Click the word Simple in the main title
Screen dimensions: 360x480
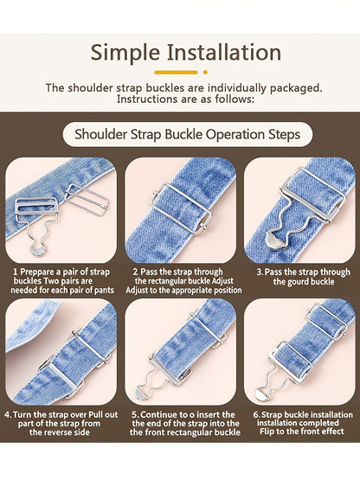[125, 54]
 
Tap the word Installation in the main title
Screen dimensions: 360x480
[224, 52]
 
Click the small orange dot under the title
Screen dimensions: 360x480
[205, 73]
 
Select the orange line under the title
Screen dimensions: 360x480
[176, 73]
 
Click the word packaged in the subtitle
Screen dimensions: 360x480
[296, 88]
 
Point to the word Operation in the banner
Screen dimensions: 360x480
[235, 135]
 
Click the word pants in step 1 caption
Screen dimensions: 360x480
[103, 290]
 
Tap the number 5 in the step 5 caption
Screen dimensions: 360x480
[135, 415]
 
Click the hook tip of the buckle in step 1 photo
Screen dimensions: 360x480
[39, 252]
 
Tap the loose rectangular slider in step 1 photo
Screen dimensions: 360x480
[87, 201]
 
